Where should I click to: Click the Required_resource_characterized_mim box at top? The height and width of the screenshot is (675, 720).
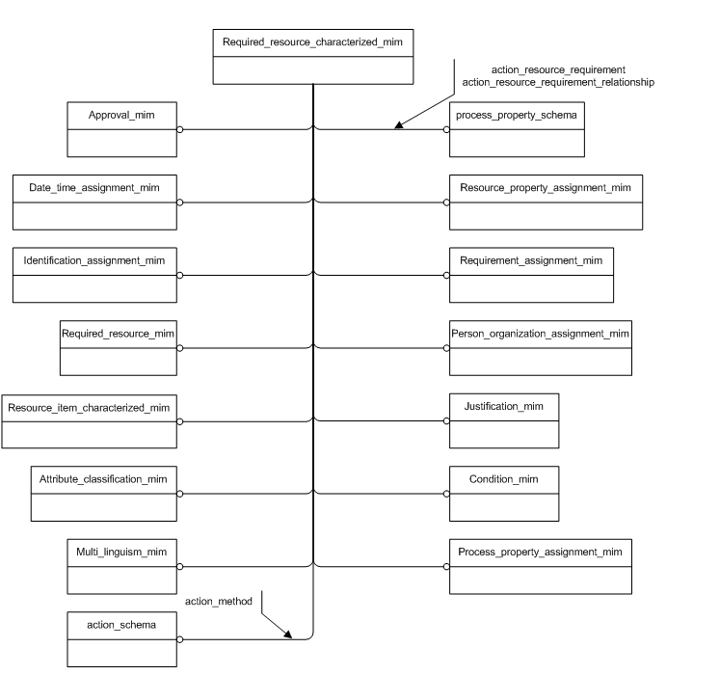[x=312, y=57]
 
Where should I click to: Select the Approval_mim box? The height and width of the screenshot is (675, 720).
[x=121, y=128]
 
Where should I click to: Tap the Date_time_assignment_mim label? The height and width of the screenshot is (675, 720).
[x=94, y=187]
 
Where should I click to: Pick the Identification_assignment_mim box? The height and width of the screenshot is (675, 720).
[x=94, y=275]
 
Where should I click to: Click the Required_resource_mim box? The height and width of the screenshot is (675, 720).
[x=118, y=347]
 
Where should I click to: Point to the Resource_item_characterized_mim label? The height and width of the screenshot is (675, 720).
[x=89, y=407]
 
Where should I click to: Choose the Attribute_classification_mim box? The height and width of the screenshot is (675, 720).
[x=103, y=493]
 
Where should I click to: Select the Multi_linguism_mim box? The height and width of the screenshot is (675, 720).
[x=121, y=566]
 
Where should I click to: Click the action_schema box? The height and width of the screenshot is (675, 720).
[x=121, y=638]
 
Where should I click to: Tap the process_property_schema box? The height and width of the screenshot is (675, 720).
[x=517, y=128]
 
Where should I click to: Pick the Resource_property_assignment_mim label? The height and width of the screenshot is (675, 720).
[x=546, y=187]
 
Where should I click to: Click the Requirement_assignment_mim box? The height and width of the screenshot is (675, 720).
[x=531, y=275]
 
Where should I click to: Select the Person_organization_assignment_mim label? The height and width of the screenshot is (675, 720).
[x=541, y=334]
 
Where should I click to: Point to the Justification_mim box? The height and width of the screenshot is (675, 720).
[x=504, y=420]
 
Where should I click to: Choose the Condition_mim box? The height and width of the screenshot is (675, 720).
[x=504, y=493]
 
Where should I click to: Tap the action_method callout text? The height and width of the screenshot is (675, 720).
[x=219, y=602]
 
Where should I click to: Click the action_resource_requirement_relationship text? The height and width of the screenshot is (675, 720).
[x=558, y=83]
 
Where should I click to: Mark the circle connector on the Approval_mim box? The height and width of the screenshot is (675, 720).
[x=180, y=128]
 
